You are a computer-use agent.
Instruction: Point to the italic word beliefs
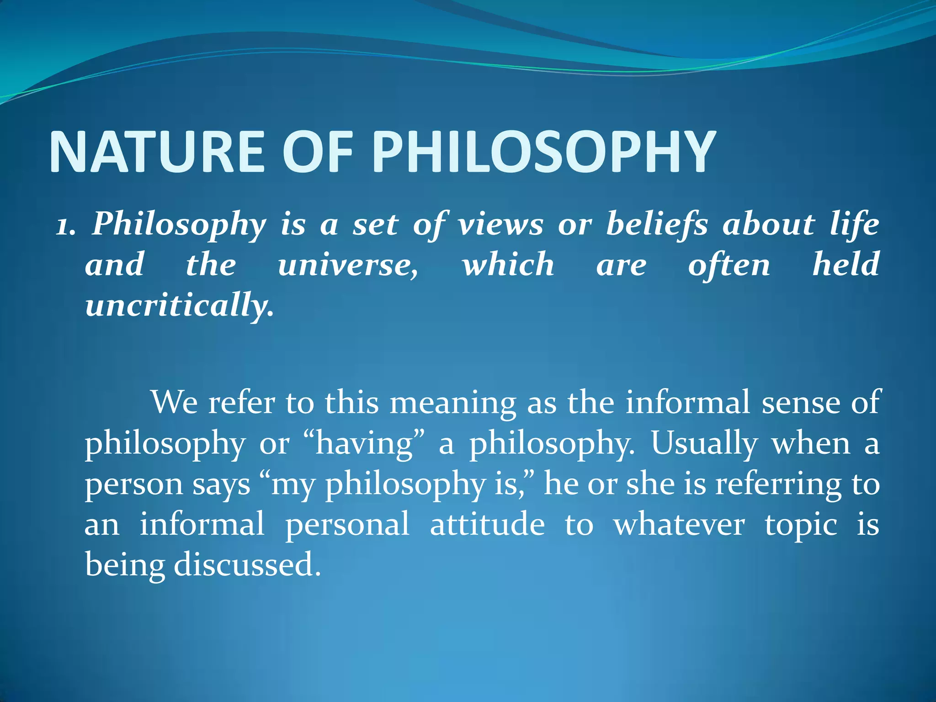tap(657, 225)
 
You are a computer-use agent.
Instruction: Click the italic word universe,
tap(347, 266)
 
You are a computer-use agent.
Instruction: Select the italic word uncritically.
tap(179, 305)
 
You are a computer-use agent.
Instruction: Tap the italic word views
tap(501, 225)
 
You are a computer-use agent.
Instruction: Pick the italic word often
tap(729, 266)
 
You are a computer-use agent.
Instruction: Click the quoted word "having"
tap(364, 444)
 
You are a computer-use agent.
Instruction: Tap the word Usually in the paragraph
tap(704, 444)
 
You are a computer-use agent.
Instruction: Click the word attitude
tap(487, 524)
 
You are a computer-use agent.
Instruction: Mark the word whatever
tap(679, 524)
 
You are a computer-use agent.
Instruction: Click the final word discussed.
tap(247, 565)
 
